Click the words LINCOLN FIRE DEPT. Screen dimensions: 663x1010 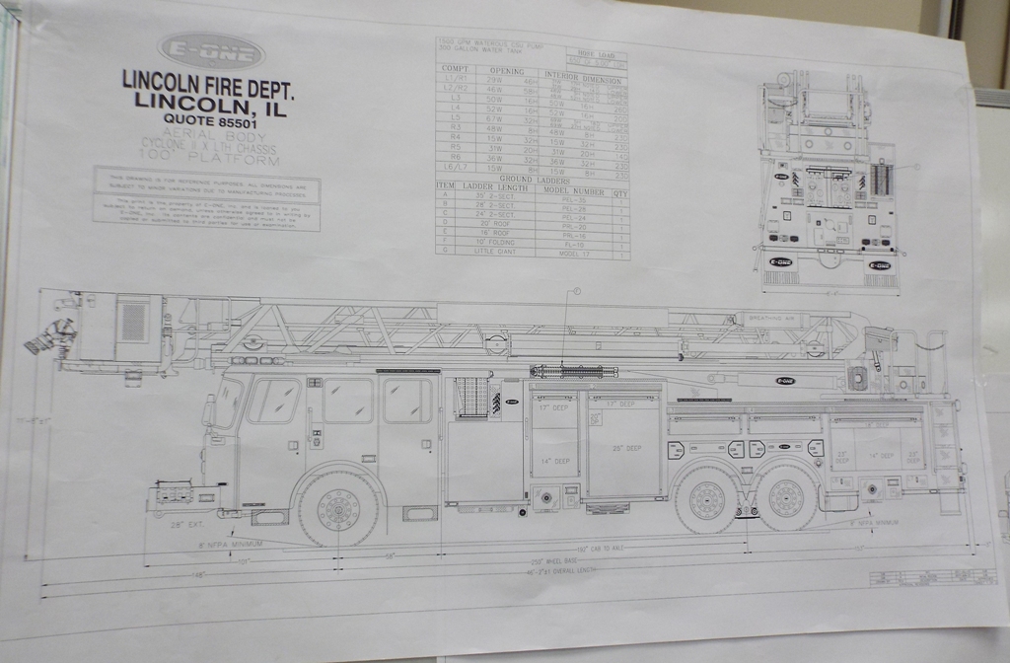point(207,81)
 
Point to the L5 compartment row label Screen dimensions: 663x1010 point(456,118)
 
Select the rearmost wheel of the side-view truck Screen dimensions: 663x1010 point(785,499)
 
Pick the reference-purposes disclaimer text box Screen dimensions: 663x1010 point(206,198)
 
